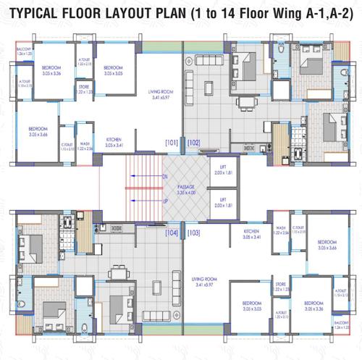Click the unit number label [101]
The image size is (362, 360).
coord(172,142)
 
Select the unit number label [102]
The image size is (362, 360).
coord(193,142)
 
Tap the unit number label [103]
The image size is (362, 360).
coord(193,233)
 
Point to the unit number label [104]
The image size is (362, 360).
coord(172,233)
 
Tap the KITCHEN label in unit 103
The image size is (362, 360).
coord(252,233)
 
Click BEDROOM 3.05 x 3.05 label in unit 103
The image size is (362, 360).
coord(251,305)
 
